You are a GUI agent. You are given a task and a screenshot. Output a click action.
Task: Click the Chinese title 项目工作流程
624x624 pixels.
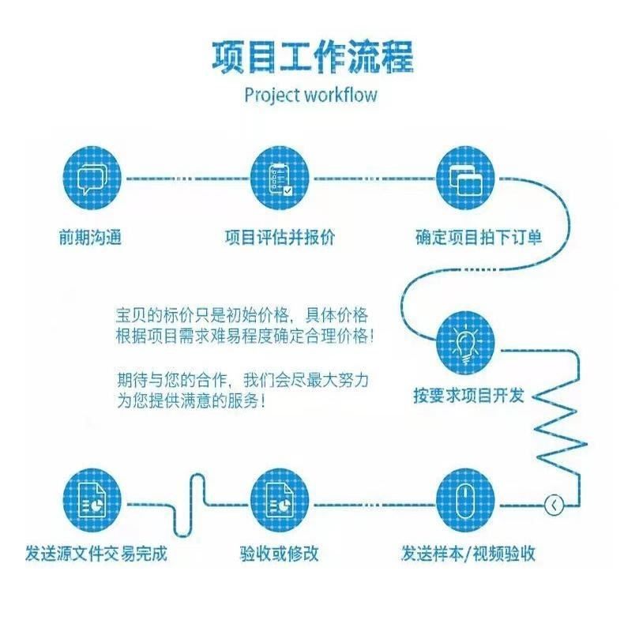pos(311,56)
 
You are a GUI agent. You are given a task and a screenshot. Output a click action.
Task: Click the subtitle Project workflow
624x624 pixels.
pos(311,96)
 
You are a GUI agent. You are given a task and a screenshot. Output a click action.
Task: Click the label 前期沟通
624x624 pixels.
pos(93,237)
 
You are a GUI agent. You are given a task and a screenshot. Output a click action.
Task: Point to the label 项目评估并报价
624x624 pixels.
pos(280,237)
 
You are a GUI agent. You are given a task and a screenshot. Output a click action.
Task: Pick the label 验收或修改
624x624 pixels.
pos(280,554)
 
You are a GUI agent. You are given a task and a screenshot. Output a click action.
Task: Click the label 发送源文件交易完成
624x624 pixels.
pos(96,554)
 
